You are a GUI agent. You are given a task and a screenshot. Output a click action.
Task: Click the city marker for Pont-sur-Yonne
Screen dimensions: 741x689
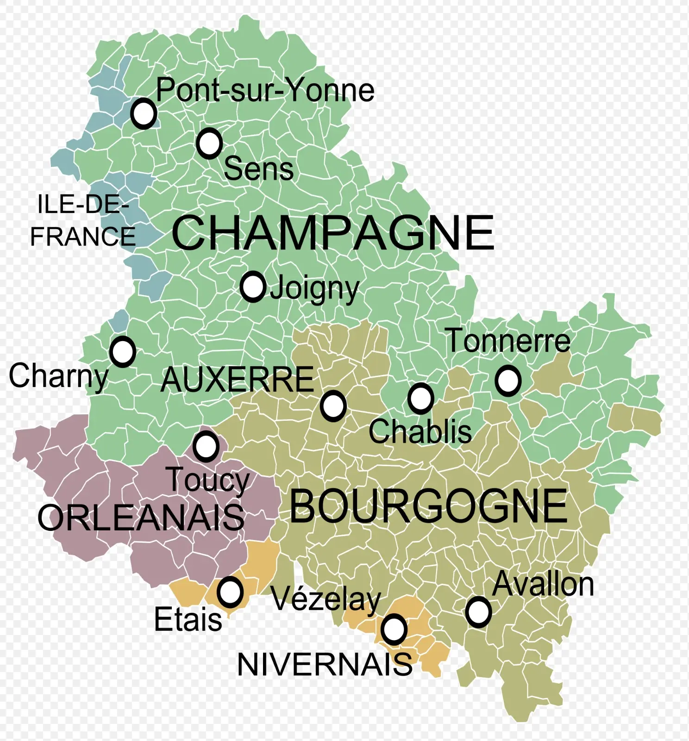click(144, 113)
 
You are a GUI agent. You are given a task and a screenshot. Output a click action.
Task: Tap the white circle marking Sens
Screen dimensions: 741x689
click(209, 143)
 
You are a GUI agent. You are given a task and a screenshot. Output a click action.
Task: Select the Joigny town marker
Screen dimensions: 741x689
click(253, 287)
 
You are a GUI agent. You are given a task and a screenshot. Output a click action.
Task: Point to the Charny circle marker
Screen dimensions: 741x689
click(123, 352)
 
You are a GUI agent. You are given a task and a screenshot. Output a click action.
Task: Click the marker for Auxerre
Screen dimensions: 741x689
click(333, 406)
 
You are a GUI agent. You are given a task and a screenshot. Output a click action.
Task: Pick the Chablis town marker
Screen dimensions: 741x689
click(420, 398)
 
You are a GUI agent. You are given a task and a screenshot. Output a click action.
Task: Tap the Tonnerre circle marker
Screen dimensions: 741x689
click(508, 380)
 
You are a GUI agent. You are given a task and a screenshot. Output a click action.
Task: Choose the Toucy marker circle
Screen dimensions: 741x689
click(206, 446)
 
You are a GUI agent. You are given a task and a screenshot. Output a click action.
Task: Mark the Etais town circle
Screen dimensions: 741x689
click(230, 592)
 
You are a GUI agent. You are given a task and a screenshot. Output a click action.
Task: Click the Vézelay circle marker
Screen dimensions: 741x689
click(394, 629)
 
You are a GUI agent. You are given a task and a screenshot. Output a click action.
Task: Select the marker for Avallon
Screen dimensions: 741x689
click(478, 612)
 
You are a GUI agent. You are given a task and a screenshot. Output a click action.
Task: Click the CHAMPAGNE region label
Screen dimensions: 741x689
click(332, 233)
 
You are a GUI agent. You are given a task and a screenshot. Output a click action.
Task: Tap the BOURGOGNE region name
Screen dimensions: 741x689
click(428, 506)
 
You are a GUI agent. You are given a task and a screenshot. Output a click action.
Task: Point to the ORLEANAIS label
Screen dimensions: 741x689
click(141, 518)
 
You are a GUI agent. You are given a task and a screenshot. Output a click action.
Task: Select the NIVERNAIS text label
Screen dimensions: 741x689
click(325, 665)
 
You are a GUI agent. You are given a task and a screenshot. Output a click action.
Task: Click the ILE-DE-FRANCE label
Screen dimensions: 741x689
click(83, 221)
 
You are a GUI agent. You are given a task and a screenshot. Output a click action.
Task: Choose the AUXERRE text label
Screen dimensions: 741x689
click(237, 380)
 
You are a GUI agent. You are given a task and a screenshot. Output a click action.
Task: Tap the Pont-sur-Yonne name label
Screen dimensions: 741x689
click(265, 90)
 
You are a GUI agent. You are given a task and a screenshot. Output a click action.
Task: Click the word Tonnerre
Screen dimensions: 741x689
click(508, 341)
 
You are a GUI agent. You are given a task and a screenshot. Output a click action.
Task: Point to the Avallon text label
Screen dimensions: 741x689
click(543, 585)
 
